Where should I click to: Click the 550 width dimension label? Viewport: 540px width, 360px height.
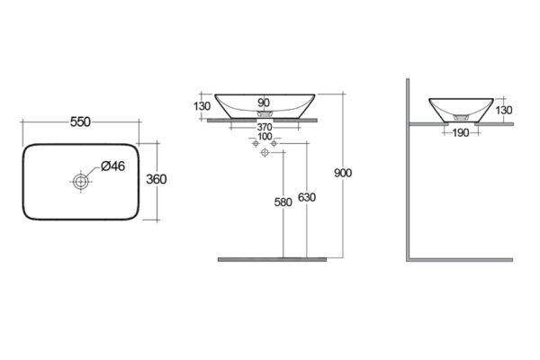coord(80,122)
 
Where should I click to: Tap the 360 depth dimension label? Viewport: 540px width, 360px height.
coord(157,179)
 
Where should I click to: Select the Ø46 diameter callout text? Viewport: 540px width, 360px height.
coord(113,166)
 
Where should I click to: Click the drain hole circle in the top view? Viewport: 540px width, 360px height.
coord(81,182)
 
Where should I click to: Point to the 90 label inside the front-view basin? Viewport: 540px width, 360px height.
coord(264,103)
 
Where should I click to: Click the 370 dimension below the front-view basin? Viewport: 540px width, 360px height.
coord(265,127)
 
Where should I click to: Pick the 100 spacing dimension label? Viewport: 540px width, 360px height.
coord(265,137)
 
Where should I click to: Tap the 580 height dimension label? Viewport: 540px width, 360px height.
coord(283,202)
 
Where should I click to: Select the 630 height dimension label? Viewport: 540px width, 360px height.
coord(307,197)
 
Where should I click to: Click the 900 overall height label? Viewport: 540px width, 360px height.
coord(343,173)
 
